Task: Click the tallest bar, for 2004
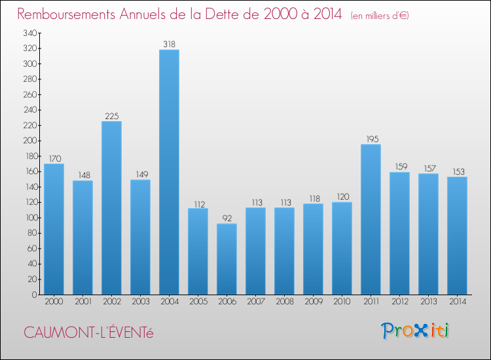pos(169,172)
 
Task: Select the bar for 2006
pos(227,259)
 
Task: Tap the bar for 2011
pos(371,219)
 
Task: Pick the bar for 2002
pos(111,207)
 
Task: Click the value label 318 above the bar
pos(169,45)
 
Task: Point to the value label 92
pos(227,219)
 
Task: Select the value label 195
pos(371,139)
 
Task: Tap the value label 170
pos(54,158)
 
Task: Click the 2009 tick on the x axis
pos(313,302)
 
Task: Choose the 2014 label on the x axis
pos(457,302)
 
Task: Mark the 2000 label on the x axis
pos(54,302)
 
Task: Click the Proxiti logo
pos(416,331)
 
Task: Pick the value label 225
pos(111,117)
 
